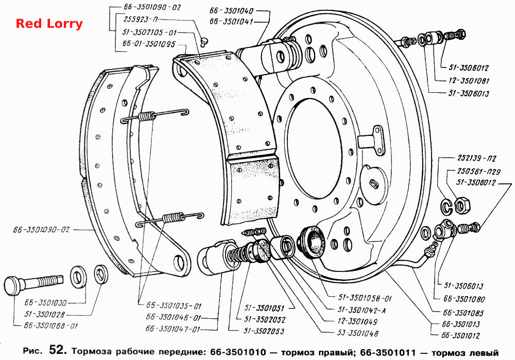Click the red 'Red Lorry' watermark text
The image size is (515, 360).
click(49, 24)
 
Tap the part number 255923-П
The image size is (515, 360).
click(141, 20)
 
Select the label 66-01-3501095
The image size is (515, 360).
click(149, 44)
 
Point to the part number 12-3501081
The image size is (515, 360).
click(469, 80)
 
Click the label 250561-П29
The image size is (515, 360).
click(478, 171)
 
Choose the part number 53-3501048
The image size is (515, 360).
click(358, 334)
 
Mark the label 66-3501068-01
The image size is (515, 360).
click(51, 326)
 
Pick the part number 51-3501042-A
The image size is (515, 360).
click(362, 310)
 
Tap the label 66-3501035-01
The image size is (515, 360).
click(174, 306)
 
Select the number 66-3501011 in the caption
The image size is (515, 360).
click(388, 353)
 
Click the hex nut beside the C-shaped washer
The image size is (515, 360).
click(463, 205)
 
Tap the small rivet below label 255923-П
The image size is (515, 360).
click(204, 42)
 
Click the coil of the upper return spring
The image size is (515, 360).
click(146, 116)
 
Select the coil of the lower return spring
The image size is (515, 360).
click(173, 218)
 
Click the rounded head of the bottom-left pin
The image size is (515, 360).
click(13, 285)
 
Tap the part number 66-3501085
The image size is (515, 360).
click(463, 313)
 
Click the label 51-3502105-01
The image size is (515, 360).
click(150, 32)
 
